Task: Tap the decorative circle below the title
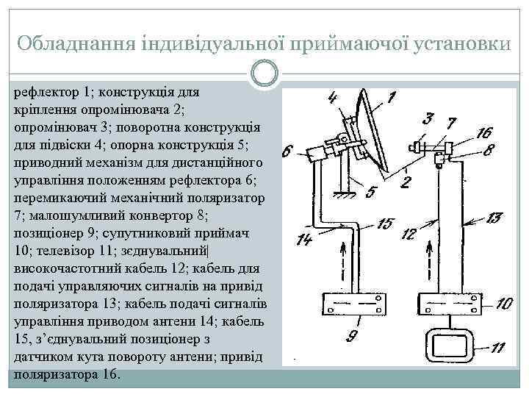[264, 73]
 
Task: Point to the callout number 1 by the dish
[390, 96]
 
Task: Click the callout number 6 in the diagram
[287, 152]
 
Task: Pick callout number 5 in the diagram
[372, 192]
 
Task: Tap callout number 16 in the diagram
[483, 133]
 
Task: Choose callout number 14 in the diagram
[303, 239]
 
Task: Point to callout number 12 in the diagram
[411, 235]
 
